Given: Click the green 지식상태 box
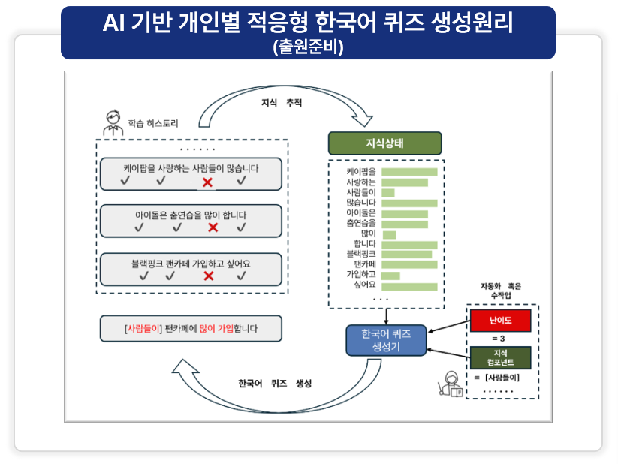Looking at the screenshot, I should click(x=384, y=143).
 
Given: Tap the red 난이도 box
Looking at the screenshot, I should click(x=500, y=321).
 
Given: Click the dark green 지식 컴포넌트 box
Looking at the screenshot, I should click(x=500, y=357).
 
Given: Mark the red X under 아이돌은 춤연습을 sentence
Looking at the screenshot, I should click(x=213, y=227).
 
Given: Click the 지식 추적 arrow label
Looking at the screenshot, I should click(x=281, y=103).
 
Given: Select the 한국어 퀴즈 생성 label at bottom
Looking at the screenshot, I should click(x=274, y=383).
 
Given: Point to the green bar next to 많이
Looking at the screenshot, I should click(x=389, y=234).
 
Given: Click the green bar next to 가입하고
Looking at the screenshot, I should click(x=390, y=276).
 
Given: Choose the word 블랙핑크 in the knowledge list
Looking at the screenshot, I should click(x=361, y=255).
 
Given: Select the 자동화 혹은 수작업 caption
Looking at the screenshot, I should click(x=500, y=291).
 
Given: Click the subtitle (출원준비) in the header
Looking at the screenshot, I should click(x=308, y=47).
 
